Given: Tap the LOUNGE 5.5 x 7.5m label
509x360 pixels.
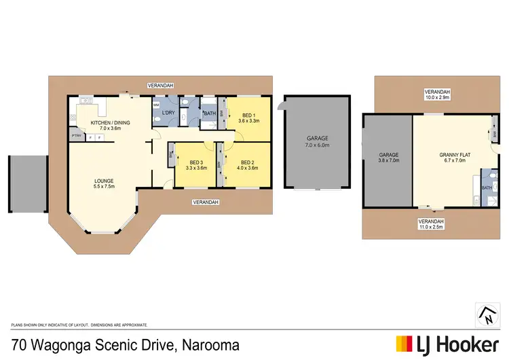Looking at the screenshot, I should (104, 183).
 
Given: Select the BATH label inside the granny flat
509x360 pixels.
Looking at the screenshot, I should (487, 187).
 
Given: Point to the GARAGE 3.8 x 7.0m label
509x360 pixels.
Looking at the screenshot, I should (389, 158).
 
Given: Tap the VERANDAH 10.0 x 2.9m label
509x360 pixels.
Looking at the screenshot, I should (437, 94).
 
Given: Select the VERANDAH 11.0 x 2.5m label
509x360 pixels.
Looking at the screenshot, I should (432, 224).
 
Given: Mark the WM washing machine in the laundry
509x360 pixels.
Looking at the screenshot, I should (155, 105).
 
